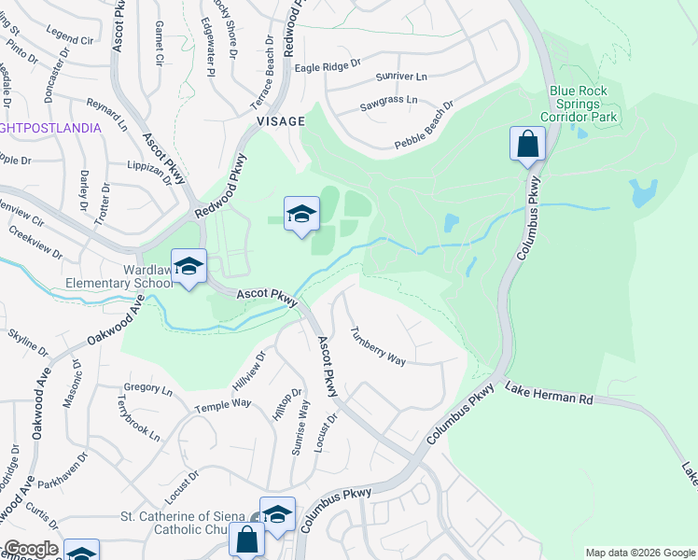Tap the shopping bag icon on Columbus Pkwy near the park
(527, 146)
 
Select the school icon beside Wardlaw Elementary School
(188, 267)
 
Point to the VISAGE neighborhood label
(280, 121)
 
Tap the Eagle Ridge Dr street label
(327, 65)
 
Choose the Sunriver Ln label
(400, 76)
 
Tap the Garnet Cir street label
(159, 46)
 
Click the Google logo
(31, 550)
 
